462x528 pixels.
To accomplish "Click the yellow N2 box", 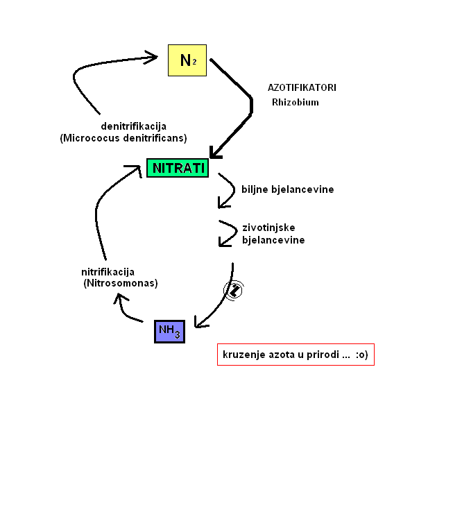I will [x=187, y=60].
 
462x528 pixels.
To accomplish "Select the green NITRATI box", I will [x=178, y=168].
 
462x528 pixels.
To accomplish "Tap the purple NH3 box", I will [x=169, y=331].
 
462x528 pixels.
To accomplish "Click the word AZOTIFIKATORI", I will [x=302, y=88].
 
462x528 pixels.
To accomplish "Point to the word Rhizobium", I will [x=295, y=102].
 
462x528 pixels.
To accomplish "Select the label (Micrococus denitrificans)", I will [x=123, y=137].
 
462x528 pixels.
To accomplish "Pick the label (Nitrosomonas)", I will [x=121, y=283].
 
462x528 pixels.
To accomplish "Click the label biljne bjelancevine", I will [x=287, y=189].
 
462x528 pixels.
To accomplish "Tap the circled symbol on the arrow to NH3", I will [x=234, y=290].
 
